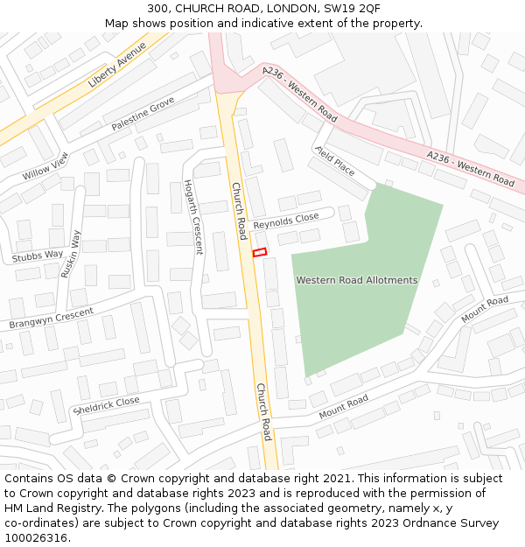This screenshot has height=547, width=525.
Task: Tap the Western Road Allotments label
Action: pyautogui.click(x=356, y=280)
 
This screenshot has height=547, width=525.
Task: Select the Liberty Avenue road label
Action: pyautogui.click(x=117, y=67)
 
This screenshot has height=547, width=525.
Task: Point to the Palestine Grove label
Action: pyautogui.click(x=143, y=115)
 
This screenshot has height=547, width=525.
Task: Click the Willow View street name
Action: pyautogui.click(x=45, y=165)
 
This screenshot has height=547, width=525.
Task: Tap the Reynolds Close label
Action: pyautogui.click(x=285, y=221)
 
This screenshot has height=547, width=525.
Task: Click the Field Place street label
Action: pyautogui.click(x=335, y=161)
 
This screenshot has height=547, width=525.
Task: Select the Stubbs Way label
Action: pyautogui.click(x=38, y=256)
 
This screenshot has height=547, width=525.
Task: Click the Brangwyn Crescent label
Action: pyautogui.click(x=51, y=319)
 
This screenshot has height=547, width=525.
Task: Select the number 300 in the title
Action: pyautogui.click(x=158, y=8)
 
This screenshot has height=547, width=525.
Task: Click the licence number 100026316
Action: pyautogui.click(x=37, y=538)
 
